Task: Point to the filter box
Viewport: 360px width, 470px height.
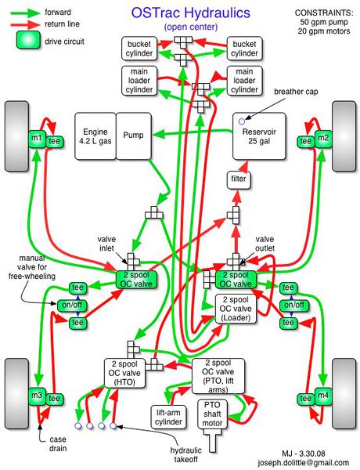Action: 238,180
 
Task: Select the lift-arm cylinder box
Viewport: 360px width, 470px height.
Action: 171,416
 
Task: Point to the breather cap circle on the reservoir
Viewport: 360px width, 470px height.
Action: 243,121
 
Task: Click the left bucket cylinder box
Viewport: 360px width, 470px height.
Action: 140,49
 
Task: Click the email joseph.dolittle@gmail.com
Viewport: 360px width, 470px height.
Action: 309,463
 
